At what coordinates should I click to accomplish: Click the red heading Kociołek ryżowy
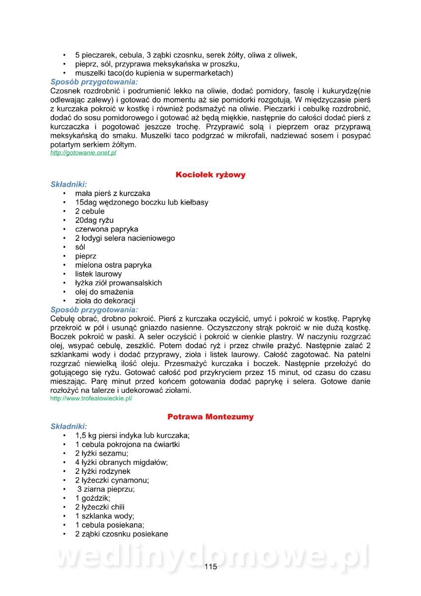pyautogui.click(x=210, y=175)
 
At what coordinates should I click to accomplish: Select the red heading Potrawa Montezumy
pyautogui.click(x=210, y=417)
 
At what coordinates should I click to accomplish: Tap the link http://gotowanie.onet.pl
pyautogui.click(x=83, y=153)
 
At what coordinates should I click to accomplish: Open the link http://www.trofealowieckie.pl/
pyautogui.click(x=91, y=398)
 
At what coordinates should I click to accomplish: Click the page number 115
pyautogui.click(x=210, y=568)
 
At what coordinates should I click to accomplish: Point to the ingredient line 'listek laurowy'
pyautogui.click(x=98, y=274)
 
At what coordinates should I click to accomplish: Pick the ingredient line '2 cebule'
pyautogui.click(x=90, y=211)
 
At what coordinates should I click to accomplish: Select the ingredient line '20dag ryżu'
pyautogui.click(x=95, y=220)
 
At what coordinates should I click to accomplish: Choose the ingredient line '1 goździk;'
pyautogui.click(x=93, y=498)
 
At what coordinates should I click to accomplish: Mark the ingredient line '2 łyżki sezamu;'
pyautogui.click(x=102, y=453)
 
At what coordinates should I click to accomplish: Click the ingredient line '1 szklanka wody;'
pyautogui.click(x=105, y=516)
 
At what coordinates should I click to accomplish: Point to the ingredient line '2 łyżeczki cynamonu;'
pyautogui.click(x=112, y=480)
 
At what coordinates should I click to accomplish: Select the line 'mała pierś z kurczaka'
pyautogui.click(x=113, y=193)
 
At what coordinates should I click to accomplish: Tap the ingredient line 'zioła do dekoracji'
pyautogui.click(x=105, y=300)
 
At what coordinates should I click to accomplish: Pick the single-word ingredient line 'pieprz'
pyautogui.click(x=86, y=256)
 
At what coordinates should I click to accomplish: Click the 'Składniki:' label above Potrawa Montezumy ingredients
pyautogui.click(x=69, y=426)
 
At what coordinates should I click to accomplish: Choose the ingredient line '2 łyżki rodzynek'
pyautogui.click(x=103, y=471)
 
